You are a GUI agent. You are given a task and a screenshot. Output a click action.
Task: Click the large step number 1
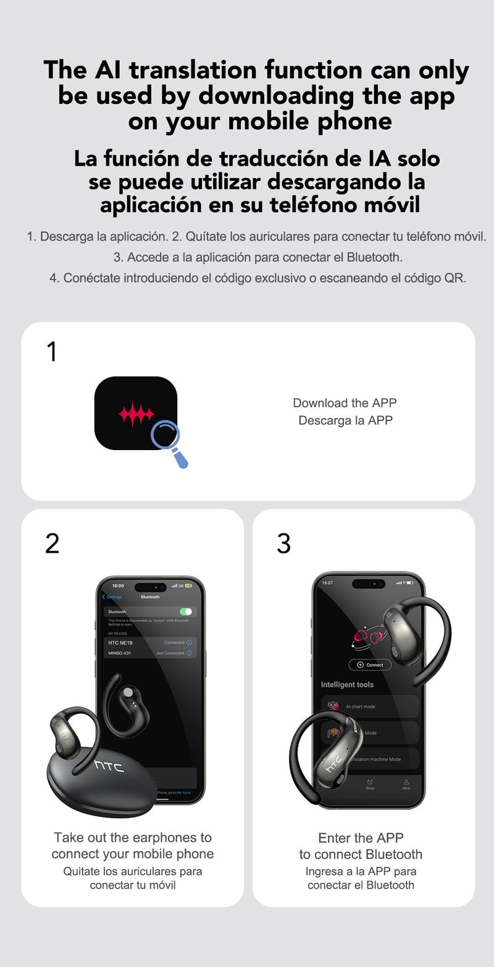coord(52,352)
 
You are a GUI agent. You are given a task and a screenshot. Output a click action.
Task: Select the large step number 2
coord(52,543)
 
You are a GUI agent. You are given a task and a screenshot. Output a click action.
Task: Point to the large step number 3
coord(283,543)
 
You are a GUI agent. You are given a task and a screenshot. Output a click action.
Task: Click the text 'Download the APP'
coord(345,403)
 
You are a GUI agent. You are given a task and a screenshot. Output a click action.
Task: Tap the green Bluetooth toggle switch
coord(185,611)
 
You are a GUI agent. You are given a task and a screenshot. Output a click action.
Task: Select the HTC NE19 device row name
coord(120,642)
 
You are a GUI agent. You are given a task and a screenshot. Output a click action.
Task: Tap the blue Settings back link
coord(113,597)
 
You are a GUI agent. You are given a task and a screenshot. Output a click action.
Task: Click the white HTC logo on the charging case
coord(109,766)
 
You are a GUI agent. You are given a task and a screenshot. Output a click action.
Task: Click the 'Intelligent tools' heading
coord(347,684)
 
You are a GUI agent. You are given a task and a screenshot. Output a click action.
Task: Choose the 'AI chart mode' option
coord(361,706)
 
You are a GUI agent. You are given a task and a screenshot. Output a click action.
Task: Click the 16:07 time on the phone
coord(327,583)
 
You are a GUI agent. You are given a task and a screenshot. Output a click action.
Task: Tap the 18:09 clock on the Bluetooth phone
coord(117,585)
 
